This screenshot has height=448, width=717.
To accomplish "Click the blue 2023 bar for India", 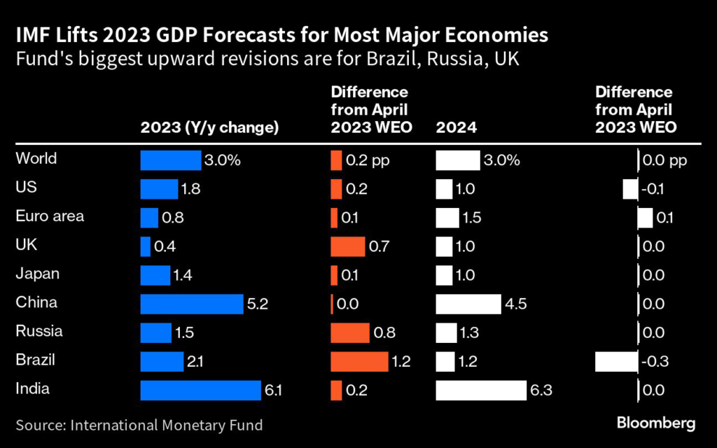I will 200,391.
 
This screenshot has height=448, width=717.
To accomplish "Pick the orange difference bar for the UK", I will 348,246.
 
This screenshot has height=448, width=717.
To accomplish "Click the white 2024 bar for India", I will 480,391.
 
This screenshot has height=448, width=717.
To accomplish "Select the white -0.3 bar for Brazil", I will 616,361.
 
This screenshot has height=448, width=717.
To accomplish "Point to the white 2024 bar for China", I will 468,304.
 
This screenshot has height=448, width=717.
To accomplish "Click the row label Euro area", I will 50,216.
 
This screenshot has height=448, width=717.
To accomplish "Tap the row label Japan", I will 37,274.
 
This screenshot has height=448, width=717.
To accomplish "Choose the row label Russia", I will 39,331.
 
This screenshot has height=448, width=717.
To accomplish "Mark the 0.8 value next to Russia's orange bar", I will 384,332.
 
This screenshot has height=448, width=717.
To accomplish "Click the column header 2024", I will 457,127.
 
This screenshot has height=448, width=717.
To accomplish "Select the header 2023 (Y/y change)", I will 209,127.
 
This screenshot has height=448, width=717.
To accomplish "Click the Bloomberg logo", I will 655,423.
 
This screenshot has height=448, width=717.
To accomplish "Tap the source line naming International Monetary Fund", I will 139,424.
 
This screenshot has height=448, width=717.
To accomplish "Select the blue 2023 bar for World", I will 170,160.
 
